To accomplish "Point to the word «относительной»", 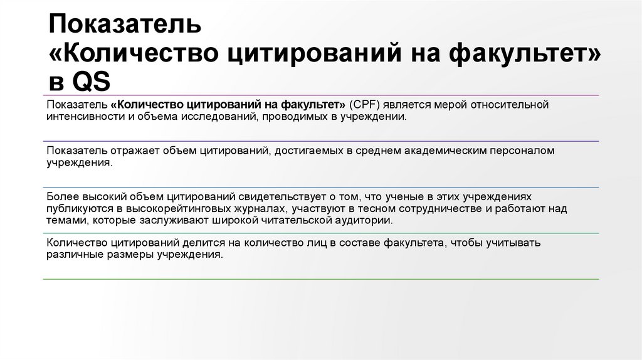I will [x=513, y=104].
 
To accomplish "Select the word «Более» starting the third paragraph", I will [x=60, y=197].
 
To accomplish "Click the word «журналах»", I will [x=246, y=209].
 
